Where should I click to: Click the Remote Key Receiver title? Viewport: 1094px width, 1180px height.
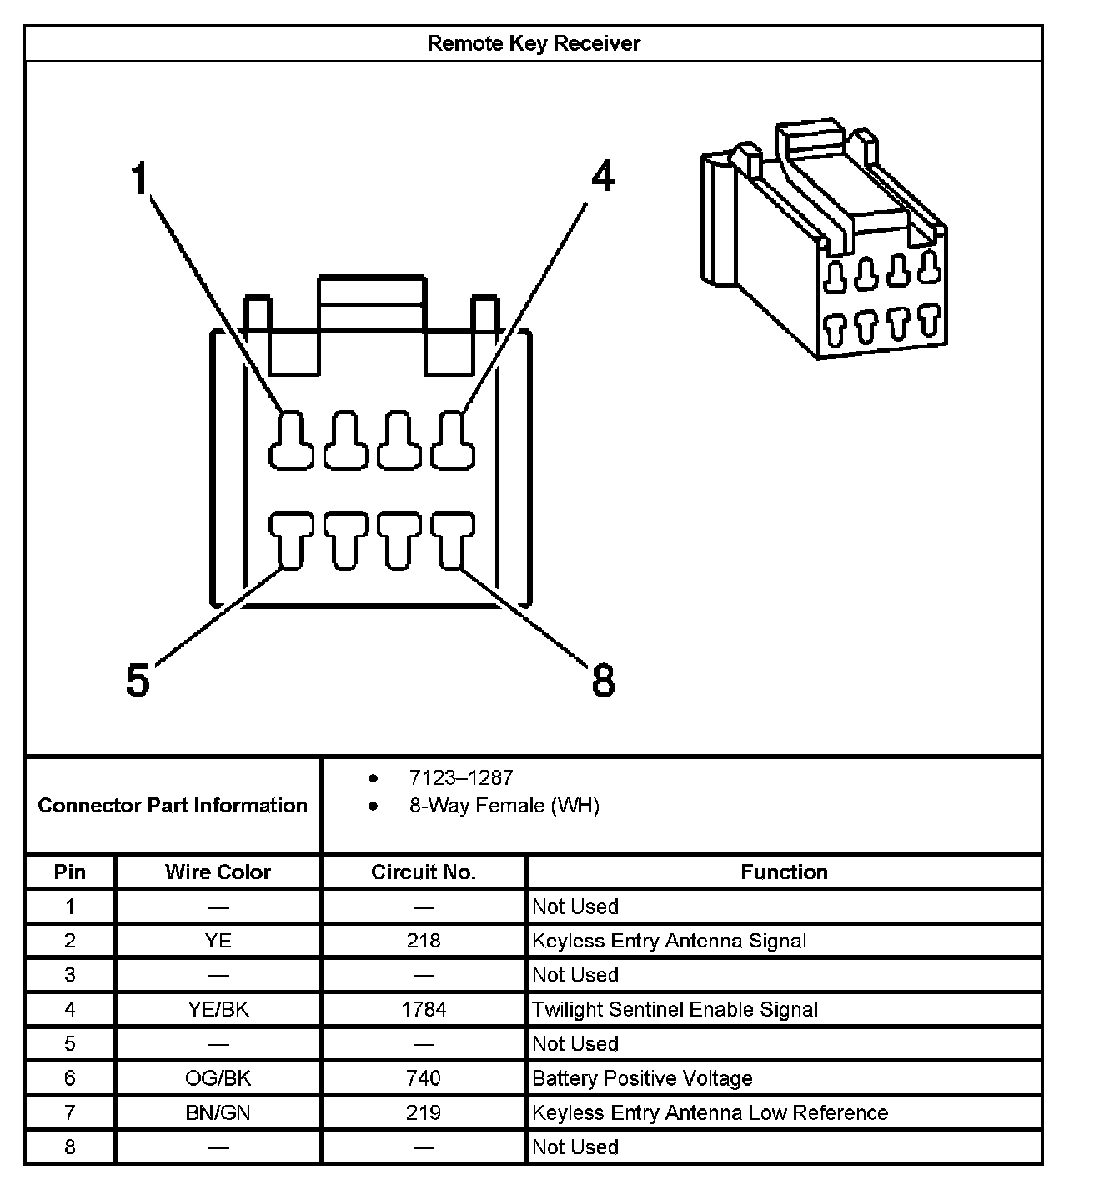pyautogui.click(x=533, y=43)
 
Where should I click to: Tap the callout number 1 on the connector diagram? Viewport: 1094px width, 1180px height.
pyautogui.click(x=139, y=178)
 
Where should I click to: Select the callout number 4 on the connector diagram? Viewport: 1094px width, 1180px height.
pyautogui.click(x=602, y=177)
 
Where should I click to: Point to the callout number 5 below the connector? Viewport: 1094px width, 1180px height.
pyautogui.click(x=138, y=680)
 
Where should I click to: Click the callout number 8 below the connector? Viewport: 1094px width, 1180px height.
pyautogui.click(x=603, y=680)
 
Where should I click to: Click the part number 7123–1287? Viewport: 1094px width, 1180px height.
pyautogui.click(x=461, y=777)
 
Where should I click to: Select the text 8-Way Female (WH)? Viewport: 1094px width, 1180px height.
pyautogui.click(x=504, y=806)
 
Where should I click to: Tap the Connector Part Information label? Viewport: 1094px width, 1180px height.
pyautogui.click(x=173, y=806)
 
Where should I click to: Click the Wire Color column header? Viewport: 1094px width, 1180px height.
pyautogui.click(x=218, y=872)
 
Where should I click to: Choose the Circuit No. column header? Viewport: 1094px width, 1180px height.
pyautogui.click(x=423, y=872)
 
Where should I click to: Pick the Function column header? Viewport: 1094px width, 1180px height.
pyautogui.click(x=784, y=872)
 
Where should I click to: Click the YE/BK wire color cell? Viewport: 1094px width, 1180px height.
pyautogui.click(x=218, y=1009)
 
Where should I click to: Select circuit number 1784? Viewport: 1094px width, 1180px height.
pyautogui.click(x=423, y=1009)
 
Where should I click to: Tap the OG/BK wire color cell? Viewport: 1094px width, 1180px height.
pyautogui.click(x=218, y=1078)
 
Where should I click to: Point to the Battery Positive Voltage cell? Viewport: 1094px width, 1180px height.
pyautogui.click(x=642, y=1078)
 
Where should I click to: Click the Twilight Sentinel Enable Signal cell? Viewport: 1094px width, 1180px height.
pyautogui.click(x=675, y=1009)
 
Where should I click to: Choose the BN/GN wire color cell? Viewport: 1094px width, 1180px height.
pyautogui.click(x=218, y=1112)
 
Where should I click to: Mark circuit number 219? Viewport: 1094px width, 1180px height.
pyautogui.click(x=423, y=1112)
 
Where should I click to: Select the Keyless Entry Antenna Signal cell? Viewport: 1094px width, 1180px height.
pyautogui.click(x=669, y=941)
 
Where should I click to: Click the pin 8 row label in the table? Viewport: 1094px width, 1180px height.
pyautogui.click(x=70, y=1147)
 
